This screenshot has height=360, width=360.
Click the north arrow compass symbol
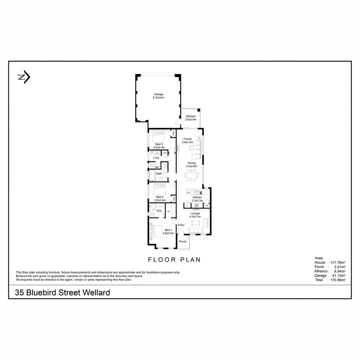tap(24, 78)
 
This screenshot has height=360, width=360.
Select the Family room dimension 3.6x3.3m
tap(187, 142)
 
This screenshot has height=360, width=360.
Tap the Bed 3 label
tap(159, 144)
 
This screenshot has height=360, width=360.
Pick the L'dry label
tap(156, 158)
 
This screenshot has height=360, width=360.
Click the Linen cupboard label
tap(164, 153)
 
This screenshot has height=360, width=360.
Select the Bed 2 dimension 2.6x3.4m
tap(160, 200)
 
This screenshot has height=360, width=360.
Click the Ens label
tap(159, 210)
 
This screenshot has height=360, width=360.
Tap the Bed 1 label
tap(168, 230)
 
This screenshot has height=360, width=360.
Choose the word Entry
tap(181, 225)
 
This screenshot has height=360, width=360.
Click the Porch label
tap(183, 242)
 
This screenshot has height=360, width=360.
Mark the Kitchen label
tap(197, 198)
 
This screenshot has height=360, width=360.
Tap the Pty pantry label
tap(207, 206)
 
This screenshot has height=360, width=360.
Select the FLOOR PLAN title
tap(174, 260)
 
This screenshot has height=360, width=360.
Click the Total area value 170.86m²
tap(336, 280)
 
